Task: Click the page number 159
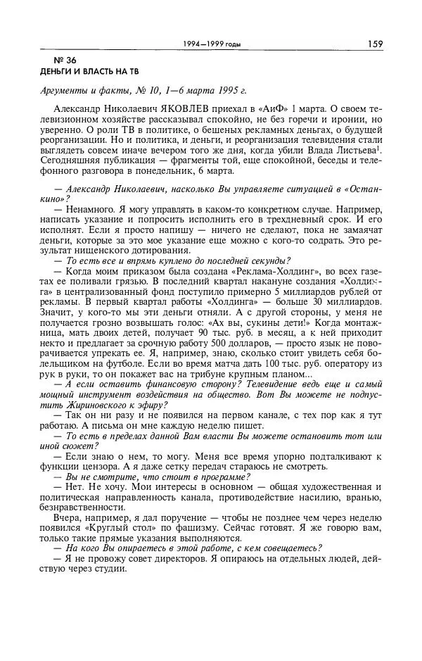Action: [x=374, y=44]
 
